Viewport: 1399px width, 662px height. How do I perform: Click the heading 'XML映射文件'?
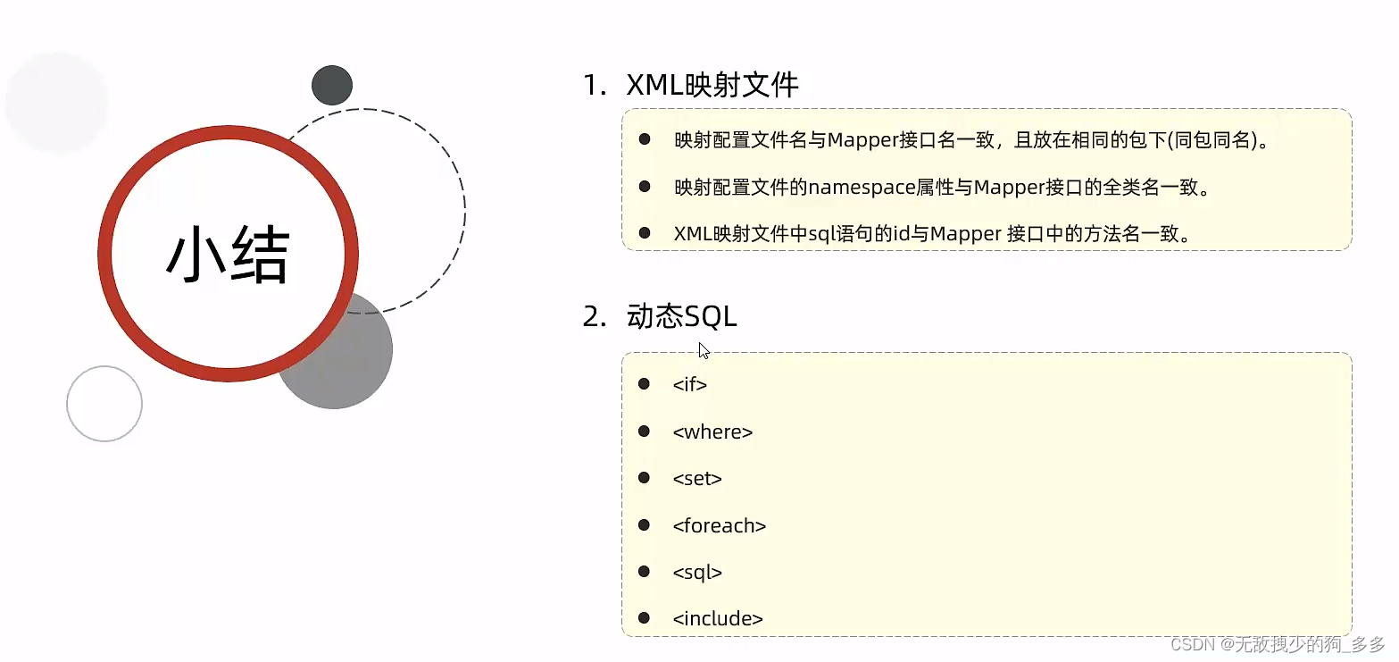tap(712, 85)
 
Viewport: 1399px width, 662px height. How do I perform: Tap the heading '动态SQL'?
tap(682, 317)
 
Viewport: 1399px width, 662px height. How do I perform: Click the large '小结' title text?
tap(228, 255)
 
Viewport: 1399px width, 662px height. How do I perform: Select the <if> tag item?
tap(689, 385)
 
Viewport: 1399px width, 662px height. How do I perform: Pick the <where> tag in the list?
tap(712, 432)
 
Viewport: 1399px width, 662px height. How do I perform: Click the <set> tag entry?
tap(697, 479)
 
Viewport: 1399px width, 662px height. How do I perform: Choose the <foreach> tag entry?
tap(720, 526)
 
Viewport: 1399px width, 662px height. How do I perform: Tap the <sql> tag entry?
tap(697, 573)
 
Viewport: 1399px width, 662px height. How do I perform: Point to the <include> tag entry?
tap(718, 618)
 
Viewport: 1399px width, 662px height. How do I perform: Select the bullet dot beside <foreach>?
tap(644, 525)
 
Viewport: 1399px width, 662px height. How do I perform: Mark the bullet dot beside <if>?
tap(644, 384)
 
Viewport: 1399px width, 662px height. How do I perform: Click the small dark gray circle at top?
tap(332, 86)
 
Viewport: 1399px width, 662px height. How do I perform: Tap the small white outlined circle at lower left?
tap(104, 404)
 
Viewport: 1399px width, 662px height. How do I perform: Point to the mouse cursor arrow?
tap(704, 349)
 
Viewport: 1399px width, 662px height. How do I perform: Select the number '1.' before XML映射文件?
tap(595, 86)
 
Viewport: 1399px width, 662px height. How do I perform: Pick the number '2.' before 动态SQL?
tap(595, 317)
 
